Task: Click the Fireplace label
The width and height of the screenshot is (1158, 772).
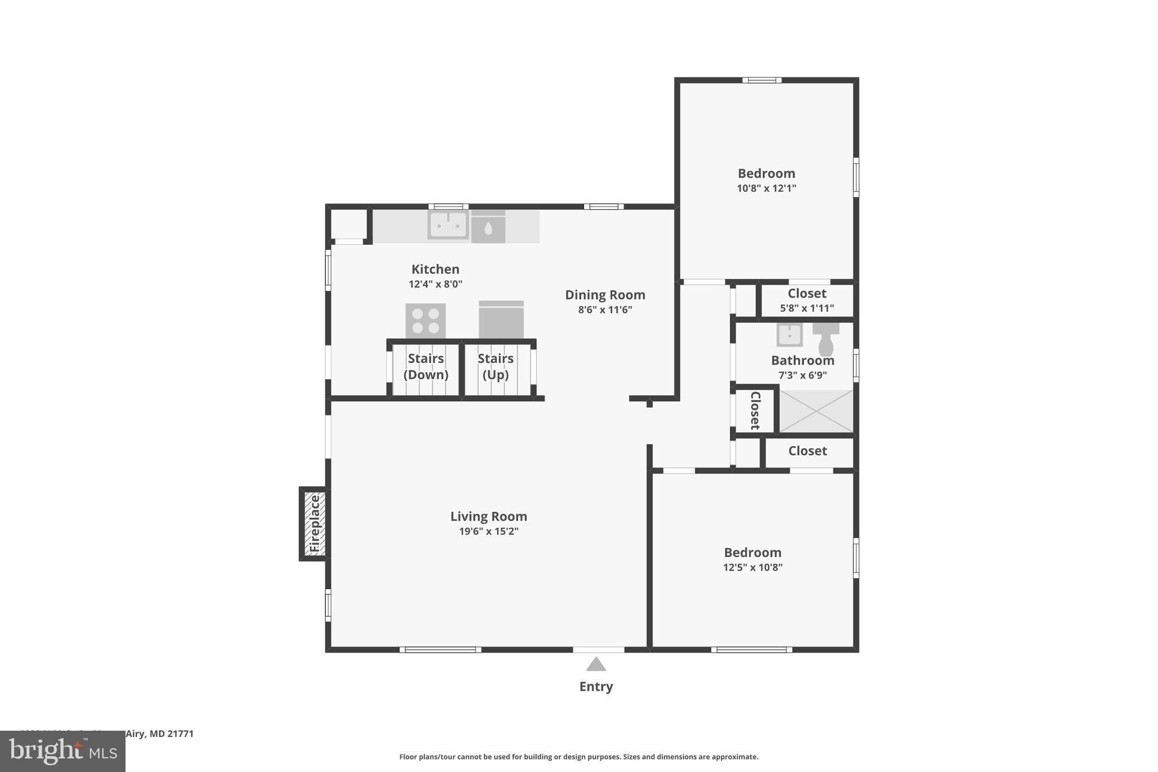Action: point(315,524)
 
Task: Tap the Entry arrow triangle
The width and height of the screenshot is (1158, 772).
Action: point(596,664)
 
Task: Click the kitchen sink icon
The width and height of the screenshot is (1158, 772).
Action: point(448,225)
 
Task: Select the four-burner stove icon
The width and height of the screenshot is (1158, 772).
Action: point(425,321)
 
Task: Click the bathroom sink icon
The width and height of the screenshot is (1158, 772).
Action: point(789,335)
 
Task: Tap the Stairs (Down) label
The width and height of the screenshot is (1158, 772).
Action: point(426,366)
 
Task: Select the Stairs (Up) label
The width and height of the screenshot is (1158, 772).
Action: point(495,366)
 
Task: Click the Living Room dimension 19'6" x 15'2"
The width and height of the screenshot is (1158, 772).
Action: point(489,531)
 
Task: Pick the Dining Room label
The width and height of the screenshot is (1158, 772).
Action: point(605,295)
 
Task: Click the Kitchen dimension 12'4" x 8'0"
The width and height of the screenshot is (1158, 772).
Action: point(435,284)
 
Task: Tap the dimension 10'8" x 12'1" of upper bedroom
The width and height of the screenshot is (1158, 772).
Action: point(766,188)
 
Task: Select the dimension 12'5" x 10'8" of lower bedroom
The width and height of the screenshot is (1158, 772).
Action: point(753,567)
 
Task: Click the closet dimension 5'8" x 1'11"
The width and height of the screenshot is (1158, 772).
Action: point(807,308)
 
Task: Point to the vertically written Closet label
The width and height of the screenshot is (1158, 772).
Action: point(755,411)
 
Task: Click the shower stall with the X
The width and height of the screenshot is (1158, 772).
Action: point(816,411)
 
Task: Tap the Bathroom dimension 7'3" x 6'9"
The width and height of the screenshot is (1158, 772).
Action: point(802,375)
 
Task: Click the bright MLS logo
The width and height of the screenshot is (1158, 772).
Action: point(63,751)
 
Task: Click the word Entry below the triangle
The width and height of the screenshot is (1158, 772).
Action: point(596,687)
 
